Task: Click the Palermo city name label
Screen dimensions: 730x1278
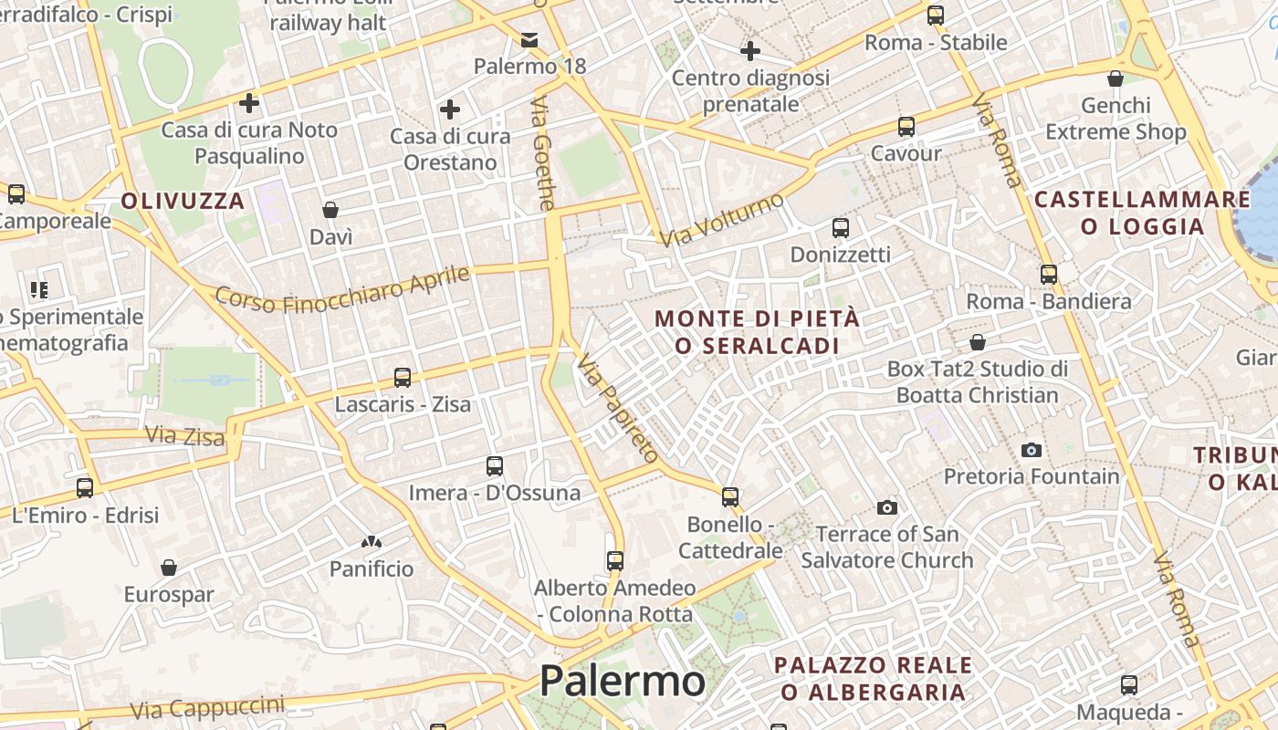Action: click(x=622, y=681)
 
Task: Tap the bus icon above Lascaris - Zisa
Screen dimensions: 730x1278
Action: click(x=402, y=377)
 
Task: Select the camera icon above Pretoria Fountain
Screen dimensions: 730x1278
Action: click(x=1032, y=450)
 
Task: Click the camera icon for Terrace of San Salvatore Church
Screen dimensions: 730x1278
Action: click(x=886, y=507)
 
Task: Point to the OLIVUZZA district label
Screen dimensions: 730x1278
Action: click(x=183, y=201)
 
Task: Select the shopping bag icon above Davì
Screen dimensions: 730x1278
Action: click(x=330, y=210)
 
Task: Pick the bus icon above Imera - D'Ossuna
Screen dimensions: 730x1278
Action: click(x=495, y=466)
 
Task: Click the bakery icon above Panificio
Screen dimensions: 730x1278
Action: click(x=371, y=542)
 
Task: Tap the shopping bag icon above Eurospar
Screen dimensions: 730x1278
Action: click(x=169, y=568)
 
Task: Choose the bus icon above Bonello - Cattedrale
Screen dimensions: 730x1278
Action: click(x=730, y=496)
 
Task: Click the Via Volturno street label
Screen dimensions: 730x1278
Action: click(x=722, y=219)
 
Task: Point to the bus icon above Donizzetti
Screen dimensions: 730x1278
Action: click(x=841, y=227)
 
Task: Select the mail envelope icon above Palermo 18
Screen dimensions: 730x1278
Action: click(x=529, y=39)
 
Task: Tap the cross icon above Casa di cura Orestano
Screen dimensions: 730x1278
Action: click(x=449, y=109)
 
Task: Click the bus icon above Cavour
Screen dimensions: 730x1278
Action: click(x=906, y=126)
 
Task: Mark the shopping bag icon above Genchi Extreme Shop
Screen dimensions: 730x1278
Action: click(x=1115, y=78)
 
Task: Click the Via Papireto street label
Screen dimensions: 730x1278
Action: click(x=618, y=408)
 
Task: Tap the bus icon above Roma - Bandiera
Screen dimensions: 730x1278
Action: click(x=1049, y=274)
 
